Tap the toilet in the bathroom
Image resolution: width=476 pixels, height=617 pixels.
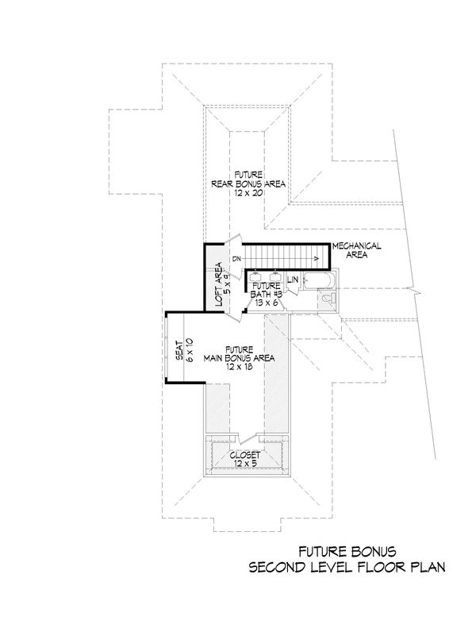(330, 299)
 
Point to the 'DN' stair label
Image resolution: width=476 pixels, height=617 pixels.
(236, 259)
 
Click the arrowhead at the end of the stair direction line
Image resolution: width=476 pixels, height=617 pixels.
(316, 257)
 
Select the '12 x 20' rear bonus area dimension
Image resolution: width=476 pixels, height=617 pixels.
(248, 192)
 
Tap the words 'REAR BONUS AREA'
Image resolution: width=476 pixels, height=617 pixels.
(248, 183)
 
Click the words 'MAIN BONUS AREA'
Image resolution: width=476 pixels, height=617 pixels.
(238, 358)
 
